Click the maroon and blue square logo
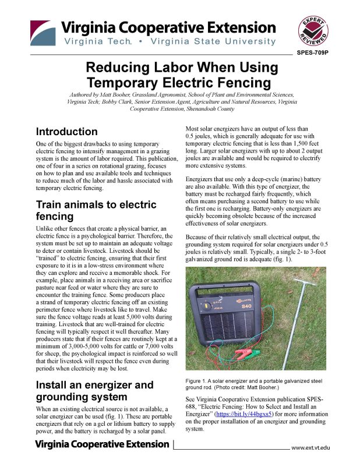click(x=43, y=33)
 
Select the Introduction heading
click(x=66, y=132)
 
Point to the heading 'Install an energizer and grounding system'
click(x=94, y=391)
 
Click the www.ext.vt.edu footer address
click(x=310, y=447)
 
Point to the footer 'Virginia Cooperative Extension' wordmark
click(x=102, y=444)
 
